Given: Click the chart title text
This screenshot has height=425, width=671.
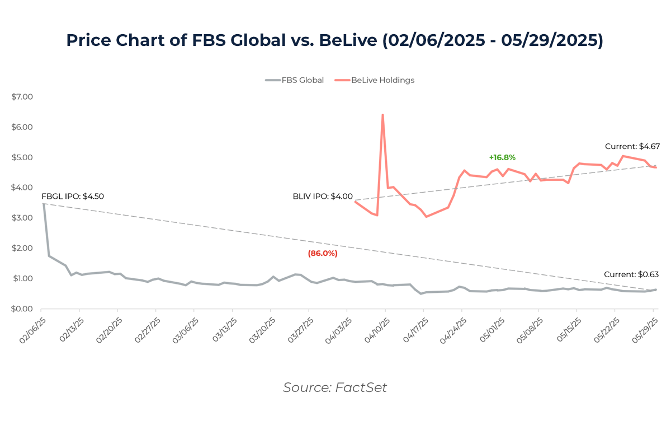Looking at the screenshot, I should tap(335, 40).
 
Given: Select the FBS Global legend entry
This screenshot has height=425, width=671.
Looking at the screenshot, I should tap(295, 80).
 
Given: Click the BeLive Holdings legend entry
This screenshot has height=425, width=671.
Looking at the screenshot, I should tap(375, 80).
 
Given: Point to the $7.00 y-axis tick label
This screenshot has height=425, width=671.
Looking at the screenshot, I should tap(22, 97).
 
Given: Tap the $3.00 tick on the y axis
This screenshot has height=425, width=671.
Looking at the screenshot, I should tap(22, 218).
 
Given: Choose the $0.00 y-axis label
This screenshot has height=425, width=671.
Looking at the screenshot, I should tap(22, 309).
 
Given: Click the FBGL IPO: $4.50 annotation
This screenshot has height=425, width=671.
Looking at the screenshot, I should tap(73, 197).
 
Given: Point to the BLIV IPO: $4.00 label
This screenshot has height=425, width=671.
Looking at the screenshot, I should tap(323, 197).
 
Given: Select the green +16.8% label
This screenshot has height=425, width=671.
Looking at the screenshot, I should tap(502, 157).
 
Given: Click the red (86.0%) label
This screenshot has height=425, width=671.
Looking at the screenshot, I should tap(323, 254).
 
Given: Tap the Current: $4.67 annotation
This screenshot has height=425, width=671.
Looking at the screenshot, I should tap(632, 147).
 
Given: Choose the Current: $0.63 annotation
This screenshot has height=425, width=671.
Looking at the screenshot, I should tap(631, 275).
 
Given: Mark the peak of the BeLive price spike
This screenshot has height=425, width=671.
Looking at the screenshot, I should tap(382, 115).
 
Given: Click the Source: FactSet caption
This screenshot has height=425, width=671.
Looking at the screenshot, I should tap(335, 387).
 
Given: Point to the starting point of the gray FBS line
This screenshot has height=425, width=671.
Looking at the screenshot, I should tap(44, 204).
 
